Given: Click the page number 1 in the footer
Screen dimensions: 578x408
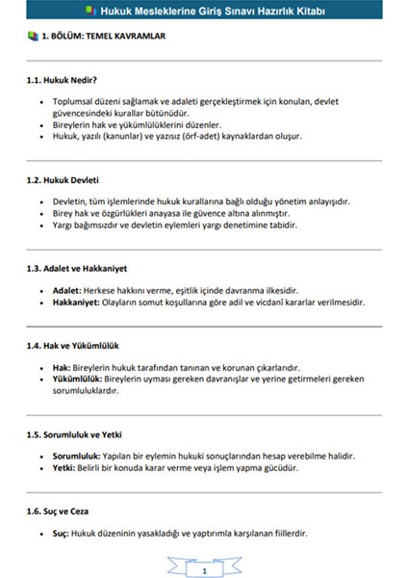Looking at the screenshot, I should (204, 544).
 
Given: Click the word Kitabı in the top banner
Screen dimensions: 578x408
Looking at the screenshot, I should (312, 12).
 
